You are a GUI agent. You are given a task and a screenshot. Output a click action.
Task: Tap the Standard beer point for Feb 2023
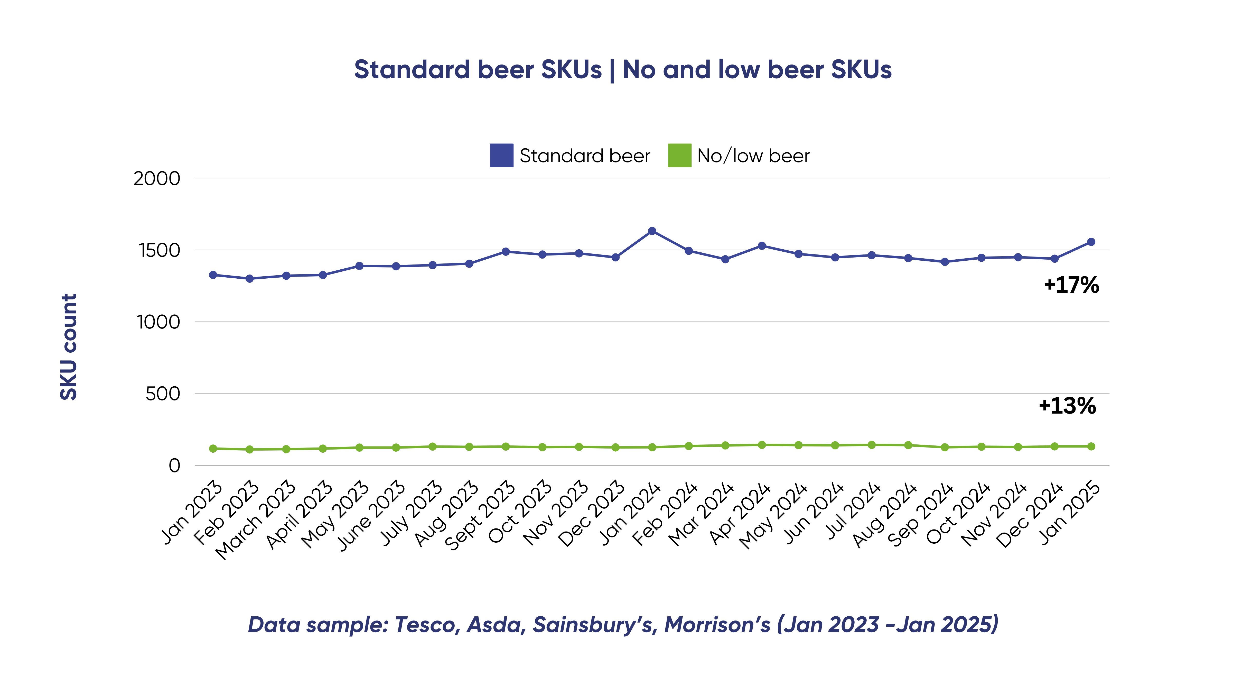pyautogui.click(x=249, y=279)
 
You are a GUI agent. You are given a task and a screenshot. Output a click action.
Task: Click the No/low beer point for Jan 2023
pyautogui.click(x=213, y=449)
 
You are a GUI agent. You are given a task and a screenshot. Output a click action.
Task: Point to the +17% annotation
pyautogui.click(x=1071, y=285)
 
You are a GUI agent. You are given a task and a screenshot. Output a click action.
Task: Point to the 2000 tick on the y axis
pyautogui.click(x=156, y=179)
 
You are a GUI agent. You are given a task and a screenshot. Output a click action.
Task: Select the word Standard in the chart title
pyautogui.click(x=411, y=70)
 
